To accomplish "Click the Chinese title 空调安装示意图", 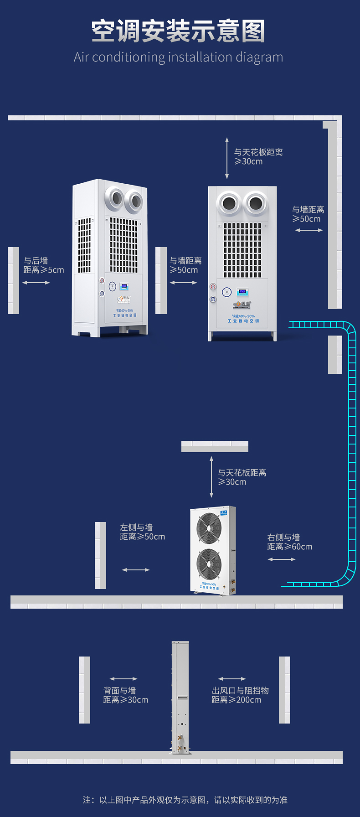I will coord(178,31).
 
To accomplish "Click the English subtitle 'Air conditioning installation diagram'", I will coord(178,57).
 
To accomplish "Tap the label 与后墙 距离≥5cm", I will coord(44,265).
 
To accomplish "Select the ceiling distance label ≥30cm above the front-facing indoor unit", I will coord(258,157).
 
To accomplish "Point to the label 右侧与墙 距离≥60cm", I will coord(289,542).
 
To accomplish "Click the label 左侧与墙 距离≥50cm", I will coord(142,532).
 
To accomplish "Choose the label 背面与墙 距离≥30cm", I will coord(125,695).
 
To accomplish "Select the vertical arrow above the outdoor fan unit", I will coord(211,476).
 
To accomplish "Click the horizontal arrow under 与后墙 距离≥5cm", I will coord(36,283).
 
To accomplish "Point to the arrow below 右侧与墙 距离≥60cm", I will coord(282,559).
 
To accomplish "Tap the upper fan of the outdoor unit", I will coord(209,528).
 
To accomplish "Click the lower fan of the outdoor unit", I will coord(209,564).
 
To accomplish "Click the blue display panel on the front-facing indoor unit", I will coord(242,292).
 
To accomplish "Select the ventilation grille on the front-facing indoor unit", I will coord(242,250).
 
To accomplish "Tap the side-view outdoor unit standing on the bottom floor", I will coord(180,698).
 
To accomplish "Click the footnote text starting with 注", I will coord(185,800).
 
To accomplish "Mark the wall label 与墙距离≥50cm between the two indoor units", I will coord(185,265).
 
